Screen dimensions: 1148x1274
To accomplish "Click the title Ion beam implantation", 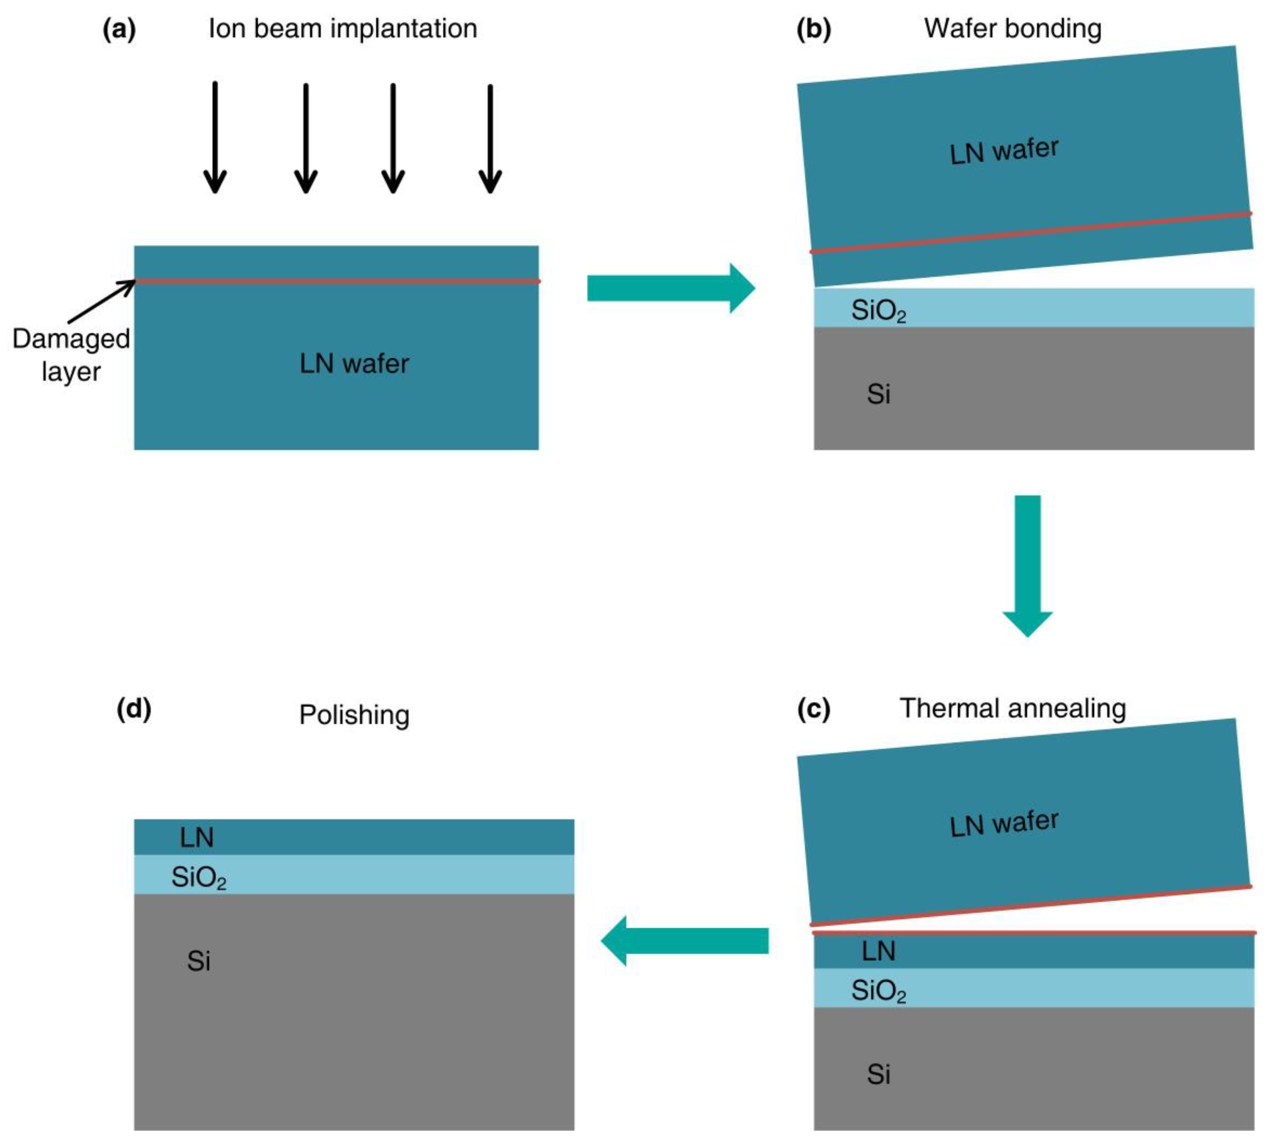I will coord(342,29).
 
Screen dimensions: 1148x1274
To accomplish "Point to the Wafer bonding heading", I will coord(1012,29).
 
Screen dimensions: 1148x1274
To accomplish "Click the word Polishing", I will coord(354,715).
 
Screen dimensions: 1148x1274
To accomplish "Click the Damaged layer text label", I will coord(71,355).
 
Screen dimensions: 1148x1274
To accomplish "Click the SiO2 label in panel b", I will coord(878,310).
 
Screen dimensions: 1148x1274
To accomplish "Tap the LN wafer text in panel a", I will coord(354,364).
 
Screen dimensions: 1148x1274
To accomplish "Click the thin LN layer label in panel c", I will coord(878,951).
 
